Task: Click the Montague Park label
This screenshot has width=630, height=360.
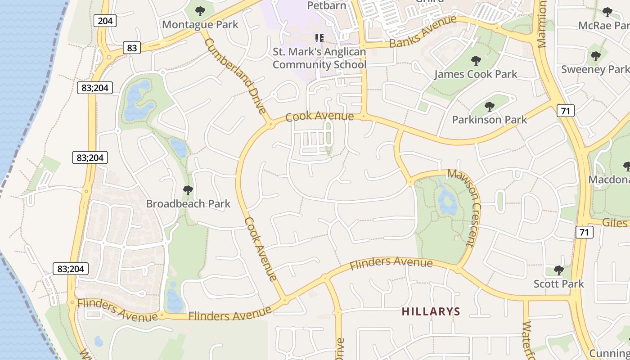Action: (200, 24)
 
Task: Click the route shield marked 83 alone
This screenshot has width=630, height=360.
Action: (131, 47)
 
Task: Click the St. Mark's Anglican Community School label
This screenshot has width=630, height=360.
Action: (319, 58)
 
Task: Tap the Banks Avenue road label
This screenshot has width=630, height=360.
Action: (423, 31)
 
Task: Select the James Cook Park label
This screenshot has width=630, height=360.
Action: (476, 74)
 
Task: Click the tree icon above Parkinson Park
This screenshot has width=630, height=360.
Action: (489, 107)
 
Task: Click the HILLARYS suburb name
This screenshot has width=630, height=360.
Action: (431, 311)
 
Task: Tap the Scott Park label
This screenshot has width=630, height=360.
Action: (558, 283)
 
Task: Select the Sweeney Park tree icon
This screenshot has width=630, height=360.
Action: (595, 56)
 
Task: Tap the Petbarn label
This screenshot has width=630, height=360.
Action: (326, 5)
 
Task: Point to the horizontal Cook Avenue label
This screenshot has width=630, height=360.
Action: (319, 117)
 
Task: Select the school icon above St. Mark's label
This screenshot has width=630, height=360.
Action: (319, 38)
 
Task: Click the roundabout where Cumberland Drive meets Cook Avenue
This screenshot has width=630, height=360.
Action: (271, 125)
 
